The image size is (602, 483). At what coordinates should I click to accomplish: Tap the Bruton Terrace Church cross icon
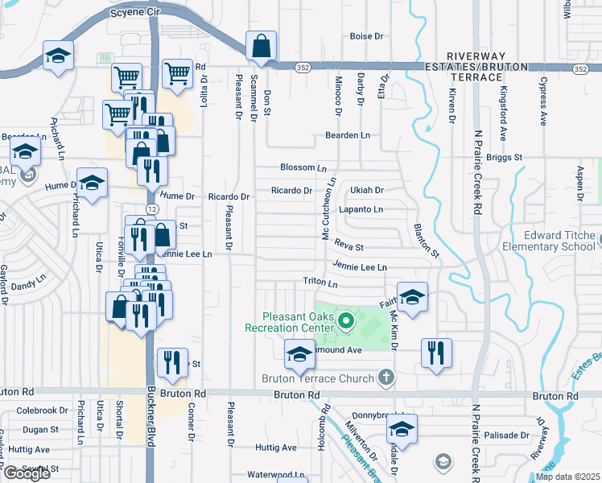pyautogui.click(x=386, y=377)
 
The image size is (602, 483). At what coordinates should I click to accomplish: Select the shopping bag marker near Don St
pyautogui.click(x=262, y=48)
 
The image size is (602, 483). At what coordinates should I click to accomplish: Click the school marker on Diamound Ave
pyautogui.click(x=299, y=353)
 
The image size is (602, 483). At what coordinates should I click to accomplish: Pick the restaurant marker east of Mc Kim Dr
pyautogui.click(x=435, y=353)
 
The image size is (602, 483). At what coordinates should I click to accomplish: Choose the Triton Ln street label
pyautogui.click(x=320, y=283)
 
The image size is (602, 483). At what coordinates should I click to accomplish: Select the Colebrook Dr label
pyautogui.click(x=38, y=411)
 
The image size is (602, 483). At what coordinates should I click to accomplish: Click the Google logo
pyautogui.click(x=27, y=473)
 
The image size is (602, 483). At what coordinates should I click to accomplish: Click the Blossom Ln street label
pyautogui.click(x=303, y=167)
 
